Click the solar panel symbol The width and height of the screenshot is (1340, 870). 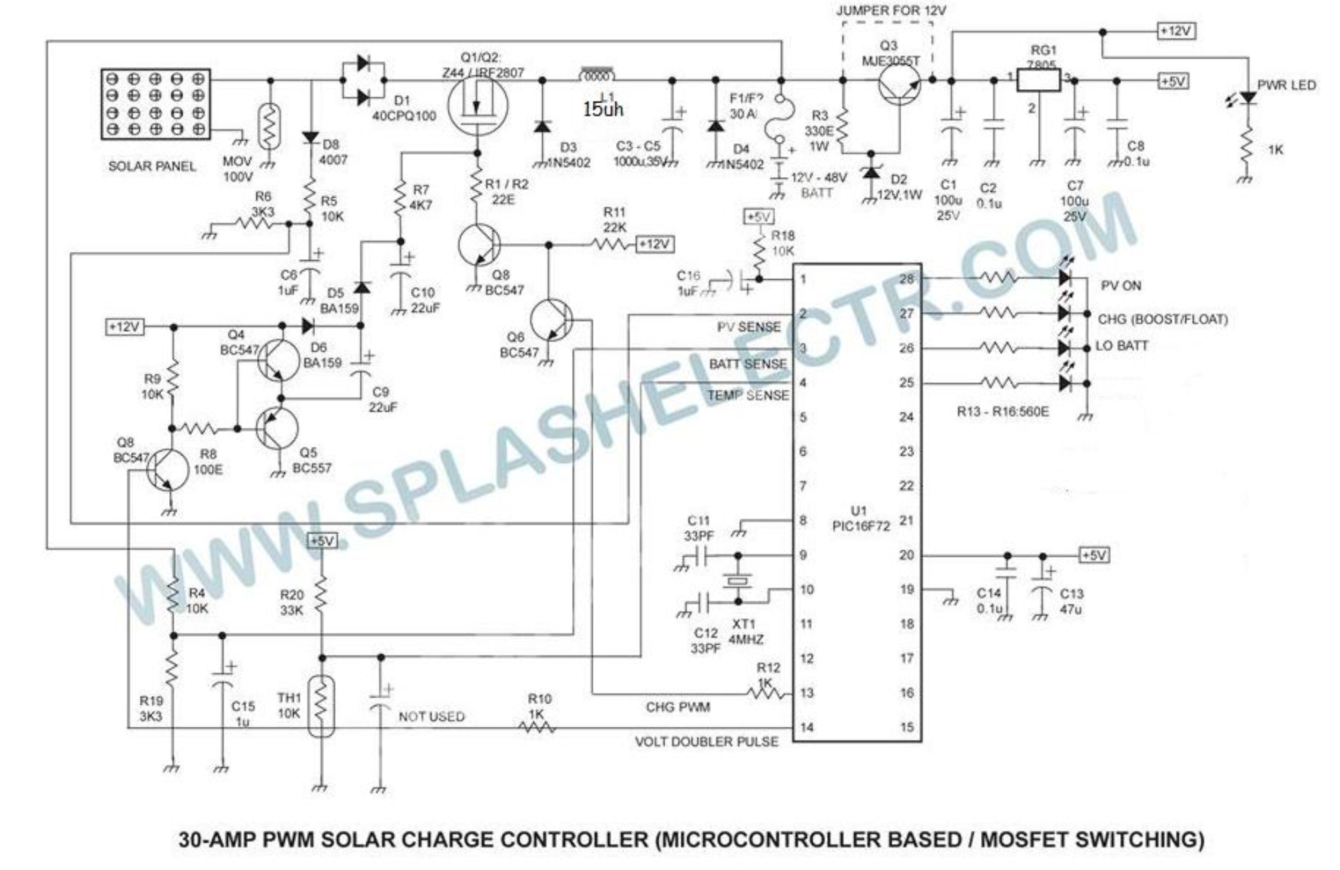point(155,104)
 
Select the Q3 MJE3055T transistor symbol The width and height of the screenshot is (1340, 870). point(898,85)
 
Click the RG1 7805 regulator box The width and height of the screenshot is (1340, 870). point(1039,81)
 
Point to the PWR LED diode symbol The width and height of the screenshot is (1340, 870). point(1247,99)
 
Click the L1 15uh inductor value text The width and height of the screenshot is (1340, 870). point(603,109)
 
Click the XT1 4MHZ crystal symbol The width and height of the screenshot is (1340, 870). point(737,580)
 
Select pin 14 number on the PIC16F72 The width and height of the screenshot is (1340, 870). point(806,727)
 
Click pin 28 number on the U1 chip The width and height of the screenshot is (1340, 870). point(906,279)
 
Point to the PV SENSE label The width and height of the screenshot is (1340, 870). point(749,327)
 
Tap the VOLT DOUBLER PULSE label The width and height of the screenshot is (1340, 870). point(706,742)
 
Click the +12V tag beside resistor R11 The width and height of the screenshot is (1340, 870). point(655,244)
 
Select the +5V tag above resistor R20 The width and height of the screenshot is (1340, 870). point(323,541)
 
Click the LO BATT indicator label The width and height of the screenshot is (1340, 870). point(1122,346)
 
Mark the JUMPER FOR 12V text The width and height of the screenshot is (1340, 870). point(890,11)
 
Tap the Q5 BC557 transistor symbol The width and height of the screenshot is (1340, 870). point(278,430)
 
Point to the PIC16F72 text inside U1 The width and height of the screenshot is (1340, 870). point(860,527)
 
